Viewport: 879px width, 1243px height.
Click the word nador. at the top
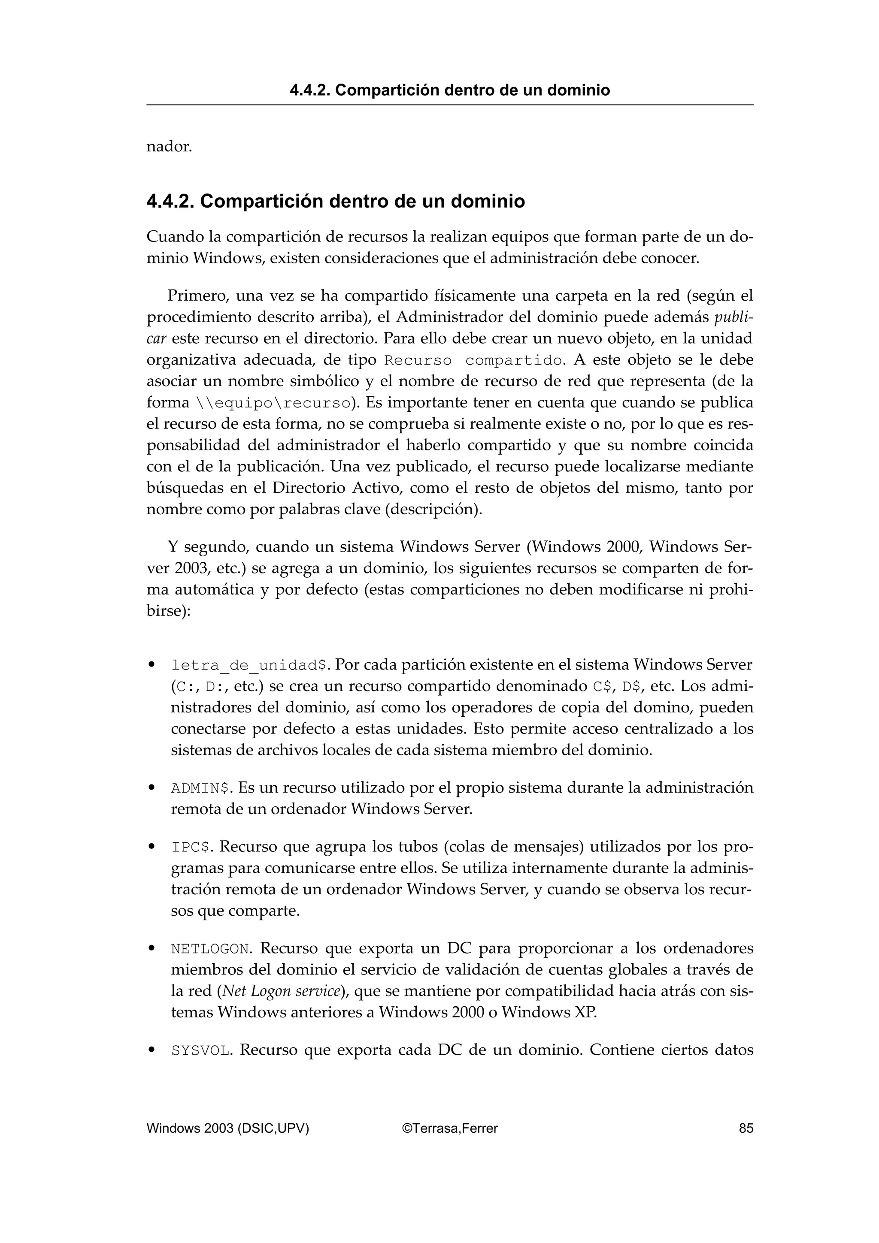[169, 147]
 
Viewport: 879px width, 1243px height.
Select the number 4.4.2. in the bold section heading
[170, 202]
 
